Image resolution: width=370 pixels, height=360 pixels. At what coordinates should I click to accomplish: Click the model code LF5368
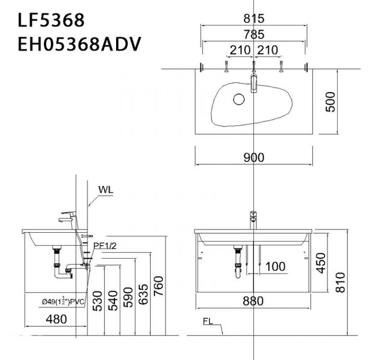click(51, 21)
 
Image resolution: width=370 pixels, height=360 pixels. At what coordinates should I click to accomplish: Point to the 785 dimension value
click(253, 34)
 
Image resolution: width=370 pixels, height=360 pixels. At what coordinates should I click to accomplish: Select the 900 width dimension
click(253, 157)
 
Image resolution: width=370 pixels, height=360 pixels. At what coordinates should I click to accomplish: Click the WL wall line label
click(106, 189)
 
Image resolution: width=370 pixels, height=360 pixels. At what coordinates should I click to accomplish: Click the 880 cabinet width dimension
click(253, 301)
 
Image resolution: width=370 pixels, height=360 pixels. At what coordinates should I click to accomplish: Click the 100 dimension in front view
click(275, 266)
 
